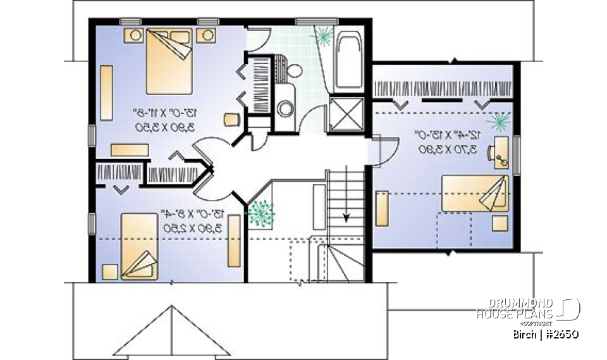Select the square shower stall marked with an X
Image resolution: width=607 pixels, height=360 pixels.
[x=346, y=114]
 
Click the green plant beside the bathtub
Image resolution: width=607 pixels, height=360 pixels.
[x=323, y=36]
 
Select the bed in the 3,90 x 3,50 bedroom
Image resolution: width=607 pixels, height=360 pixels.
[x=169, y=61]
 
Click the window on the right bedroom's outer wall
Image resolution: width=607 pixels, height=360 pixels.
[x=517, y=154]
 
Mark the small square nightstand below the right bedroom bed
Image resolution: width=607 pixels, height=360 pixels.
[x=500, y=223]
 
